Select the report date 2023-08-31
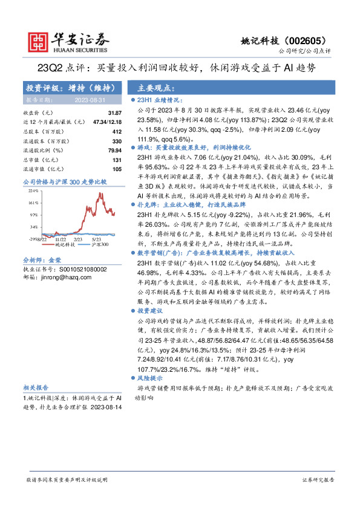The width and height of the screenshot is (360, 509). point(91,100)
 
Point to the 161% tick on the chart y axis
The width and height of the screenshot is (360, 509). point(34,203)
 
